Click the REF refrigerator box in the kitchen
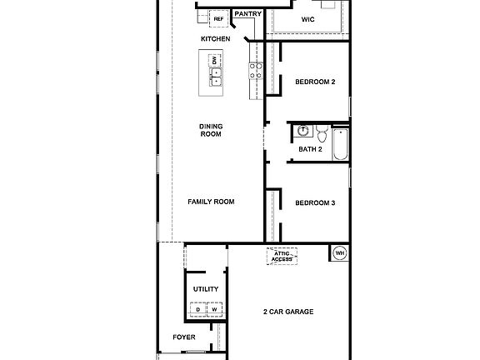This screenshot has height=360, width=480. [x=219, y=18]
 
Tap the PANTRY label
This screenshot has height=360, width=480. [x=247, y=13]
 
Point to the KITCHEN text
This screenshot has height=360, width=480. [x=215, y=39]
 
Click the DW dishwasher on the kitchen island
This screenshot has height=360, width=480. [x=215, y=61]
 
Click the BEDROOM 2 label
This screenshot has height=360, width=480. [x=315, y=82]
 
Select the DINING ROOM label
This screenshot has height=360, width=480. [x=210, y=130]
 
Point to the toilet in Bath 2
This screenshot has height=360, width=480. [x=321, y=132]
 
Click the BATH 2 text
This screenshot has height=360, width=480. [x=310, y=150]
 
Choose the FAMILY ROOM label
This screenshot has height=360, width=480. [x=211, y=202]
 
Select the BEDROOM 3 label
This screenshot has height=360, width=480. [x=315, y=202]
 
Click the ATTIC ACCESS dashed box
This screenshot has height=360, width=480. [x=282, y=257]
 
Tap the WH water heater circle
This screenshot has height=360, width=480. [x=340, y=253]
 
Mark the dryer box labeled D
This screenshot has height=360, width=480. [x=198, y=310]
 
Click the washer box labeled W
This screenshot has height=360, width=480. [x=213, y=310]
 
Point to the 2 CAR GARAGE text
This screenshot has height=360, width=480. [x=287, y=312]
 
